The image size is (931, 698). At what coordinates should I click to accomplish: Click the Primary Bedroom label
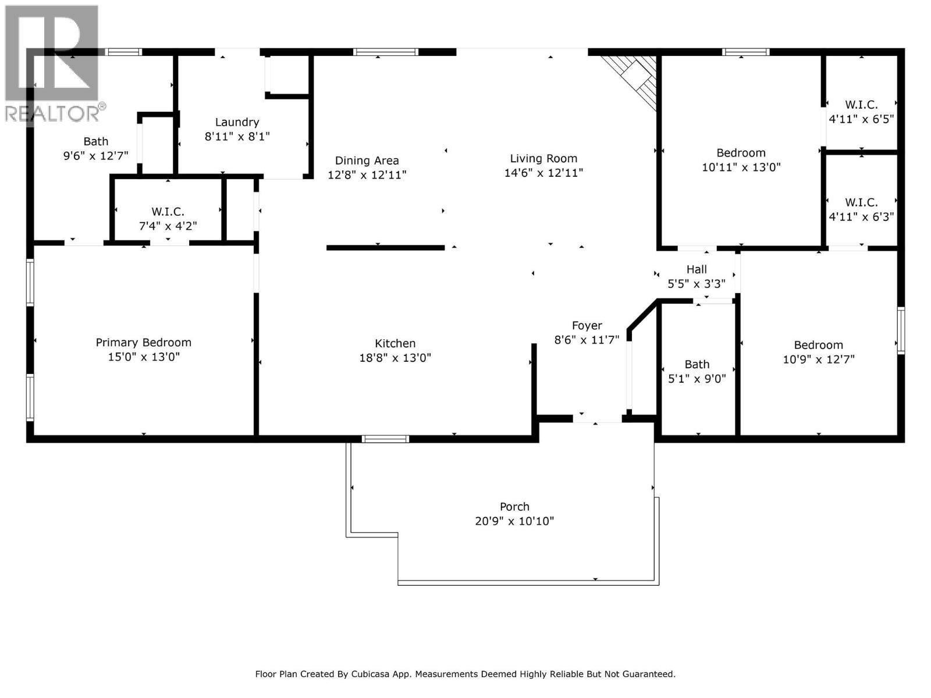click(143, 343)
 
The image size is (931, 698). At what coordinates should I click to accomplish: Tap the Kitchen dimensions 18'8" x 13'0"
click(395, 358)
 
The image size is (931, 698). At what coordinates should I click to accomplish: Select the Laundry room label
click(237, 122)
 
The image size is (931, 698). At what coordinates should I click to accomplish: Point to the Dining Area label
click(367, 161)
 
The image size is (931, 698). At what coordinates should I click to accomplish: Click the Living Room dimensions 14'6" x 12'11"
click(543, 173)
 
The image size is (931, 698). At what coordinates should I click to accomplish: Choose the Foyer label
click(587, 326)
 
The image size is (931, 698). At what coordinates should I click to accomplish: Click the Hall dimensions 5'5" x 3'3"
click(697, 284)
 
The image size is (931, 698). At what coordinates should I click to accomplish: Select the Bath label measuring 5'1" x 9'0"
click(697, 365)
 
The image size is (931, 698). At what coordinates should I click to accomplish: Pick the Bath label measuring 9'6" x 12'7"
click(96, 141)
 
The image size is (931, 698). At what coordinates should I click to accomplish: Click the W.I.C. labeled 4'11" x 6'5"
click(861, 105)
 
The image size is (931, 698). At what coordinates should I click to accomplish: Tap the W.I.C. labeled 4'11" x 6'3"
click(861, 202)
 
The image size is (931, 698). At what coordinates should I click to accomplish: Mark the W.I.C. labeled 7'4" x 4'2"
click(168, 212)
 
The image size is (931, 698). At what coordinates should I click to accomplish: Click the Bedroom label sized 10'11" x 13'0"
click(741, 153)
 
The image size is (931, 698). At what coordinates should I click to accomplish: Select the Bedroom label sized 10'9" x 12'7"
click(818, 345)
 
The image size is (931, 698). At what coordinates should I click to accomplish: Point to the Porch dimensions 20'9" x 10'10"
click(514, 521)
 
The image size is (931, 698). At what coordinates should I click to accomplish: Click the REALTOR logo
click(52, 64)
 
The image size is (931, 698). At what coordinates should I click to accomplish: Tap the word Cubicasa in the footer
click(370, 674)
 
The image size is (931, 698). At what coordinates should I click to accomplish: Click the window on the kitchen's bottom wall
click(385, 439)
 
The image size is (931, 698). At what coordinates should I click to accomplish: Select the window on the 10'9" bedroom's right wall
click(901, 330)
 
